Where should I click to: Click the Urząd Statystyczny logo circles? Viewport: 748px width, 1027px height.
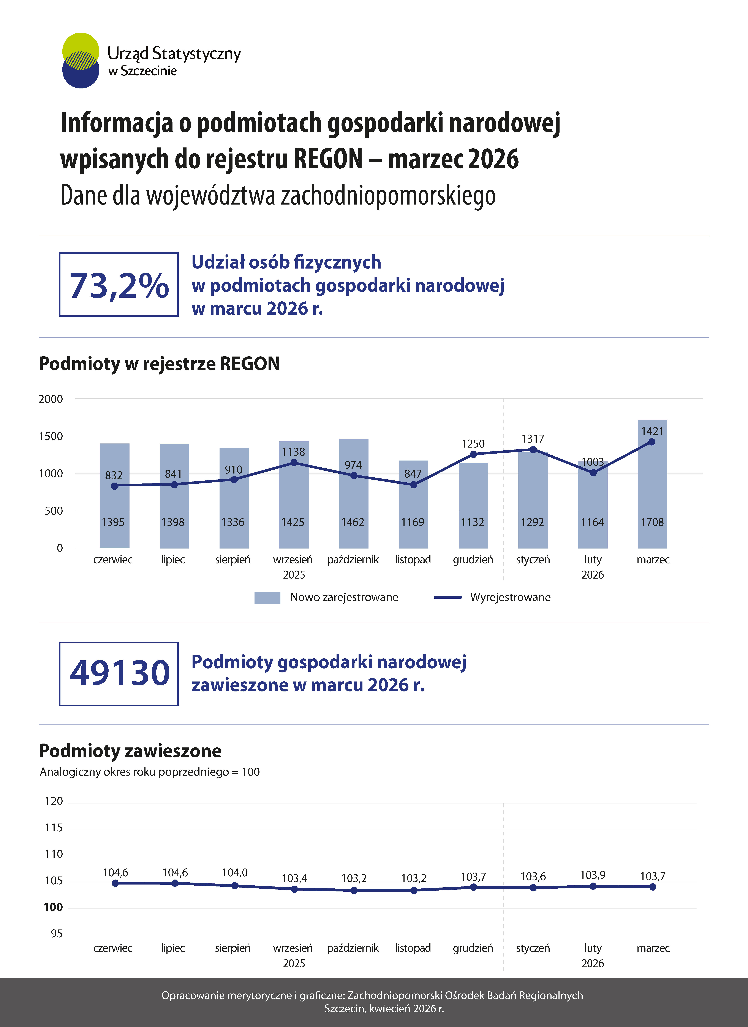point(81,60)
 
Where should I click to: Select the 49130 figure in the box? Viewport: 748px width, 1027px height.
point(119,673)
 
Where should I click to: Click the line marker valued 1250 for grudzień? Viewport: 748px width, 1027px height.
point(473,454)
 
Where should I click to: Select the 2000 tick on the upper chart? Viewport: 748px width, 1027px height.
point(51,399)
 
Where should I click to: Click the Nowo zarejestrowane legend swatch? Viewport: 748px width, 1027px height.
point(267,597)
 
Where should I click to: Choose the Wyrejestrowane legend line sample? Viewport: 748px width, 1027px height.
point(447,597)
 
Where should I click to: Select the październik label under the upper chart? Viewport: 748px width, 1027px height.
point(353,560)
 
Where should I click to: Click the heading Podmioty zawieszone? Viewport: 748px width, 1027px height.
point(130,751)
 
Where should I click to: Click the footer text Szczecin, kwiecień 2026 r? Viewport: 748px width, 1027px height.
point(384,1008)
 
